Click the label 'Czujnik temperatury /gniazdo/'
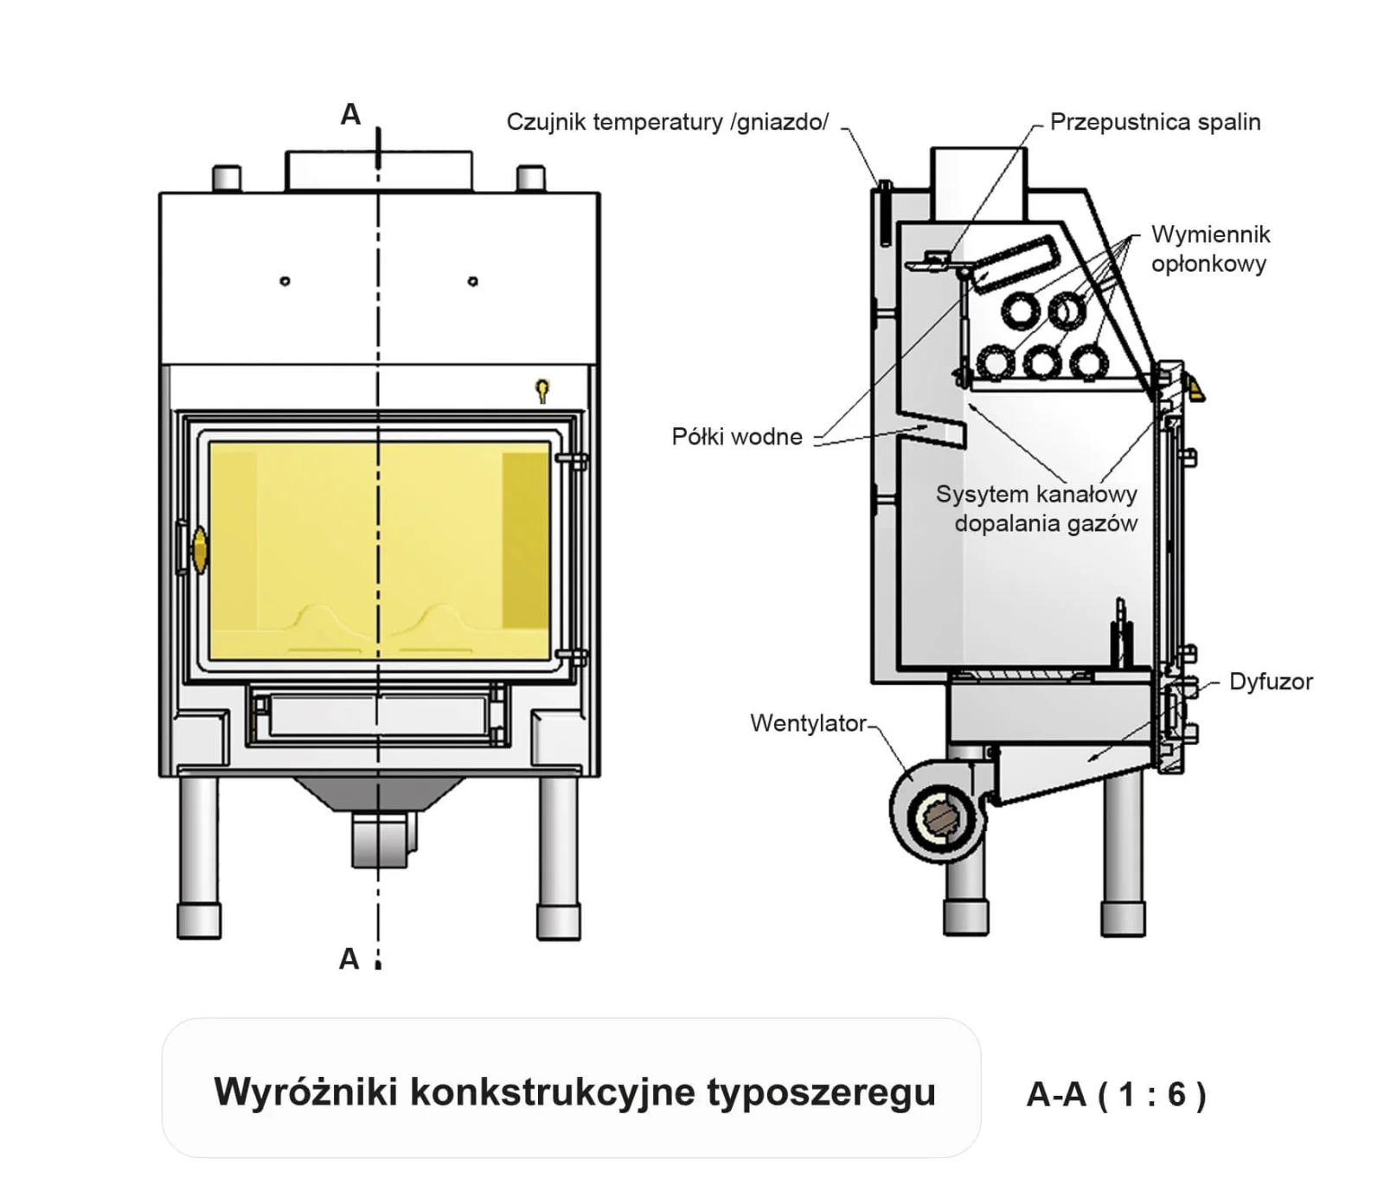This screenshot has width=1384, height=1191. [667, 122]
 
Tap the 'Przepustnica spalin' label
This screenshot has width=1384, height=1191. [1155, 122]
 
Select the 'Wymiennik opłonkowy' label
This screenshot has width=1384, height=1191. [1210, 249]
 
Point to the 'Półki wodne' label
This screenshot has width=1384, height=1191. [737, 437]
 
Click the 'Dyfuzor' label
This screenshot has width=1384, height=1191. [1271, 682]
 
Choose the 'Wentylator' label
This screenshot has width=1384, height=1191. [808, 723]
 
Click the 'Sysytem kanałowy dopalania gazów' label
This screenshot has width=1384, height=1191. [1037, 509]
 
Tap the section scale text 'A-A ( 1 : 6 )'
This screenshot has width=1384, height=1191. [1116, 1094]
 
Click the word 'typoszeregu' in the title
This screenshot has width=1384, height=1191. [821, 1092]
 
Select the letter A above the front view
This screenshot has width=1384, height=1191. [350, 114]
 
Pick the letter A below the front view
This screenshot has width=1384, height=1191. [349, 958]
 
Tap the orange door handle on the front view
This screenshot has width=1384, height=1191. [200, 550]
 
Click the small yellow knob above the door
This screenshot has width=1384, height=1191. [542, 388]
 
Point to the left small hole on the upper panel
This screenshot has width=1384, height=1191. [285, 281]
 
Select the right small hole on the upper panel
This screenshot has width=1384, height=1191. [472, 281]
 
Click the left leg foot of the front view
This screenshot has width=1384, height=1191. [199, 921]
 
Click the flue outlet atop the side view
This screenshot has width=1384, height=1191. [978, 182]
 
